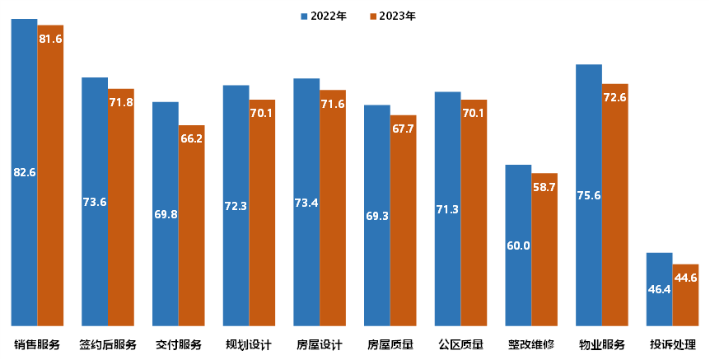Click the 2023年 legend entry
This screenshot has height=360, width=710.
point(394,16)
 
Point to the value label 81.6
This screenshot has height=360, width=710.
point(50,39)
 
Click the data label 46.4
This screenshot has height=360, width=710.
point(659,290)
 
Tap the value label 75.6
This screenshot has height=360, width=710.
point(589,195)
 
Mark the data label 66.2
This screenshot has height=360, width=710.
point(191,139)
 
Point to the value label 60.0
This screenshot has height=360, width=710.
point(518,245)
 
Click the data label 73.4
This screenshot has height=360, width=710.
point(306,202)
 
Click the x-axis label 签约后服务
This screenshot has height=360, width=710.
point(108,344)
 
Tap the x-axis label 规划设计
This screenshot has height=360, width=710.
point(250,344)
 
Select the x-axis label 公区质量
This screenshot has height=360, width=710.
point(461,344)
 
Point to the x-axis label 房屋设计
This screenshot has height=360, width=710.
point(320,344)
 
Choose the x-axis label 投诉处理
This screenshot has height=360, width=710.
point(673,344)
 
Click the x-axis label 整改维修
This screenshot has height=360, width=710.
point(531,344)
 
